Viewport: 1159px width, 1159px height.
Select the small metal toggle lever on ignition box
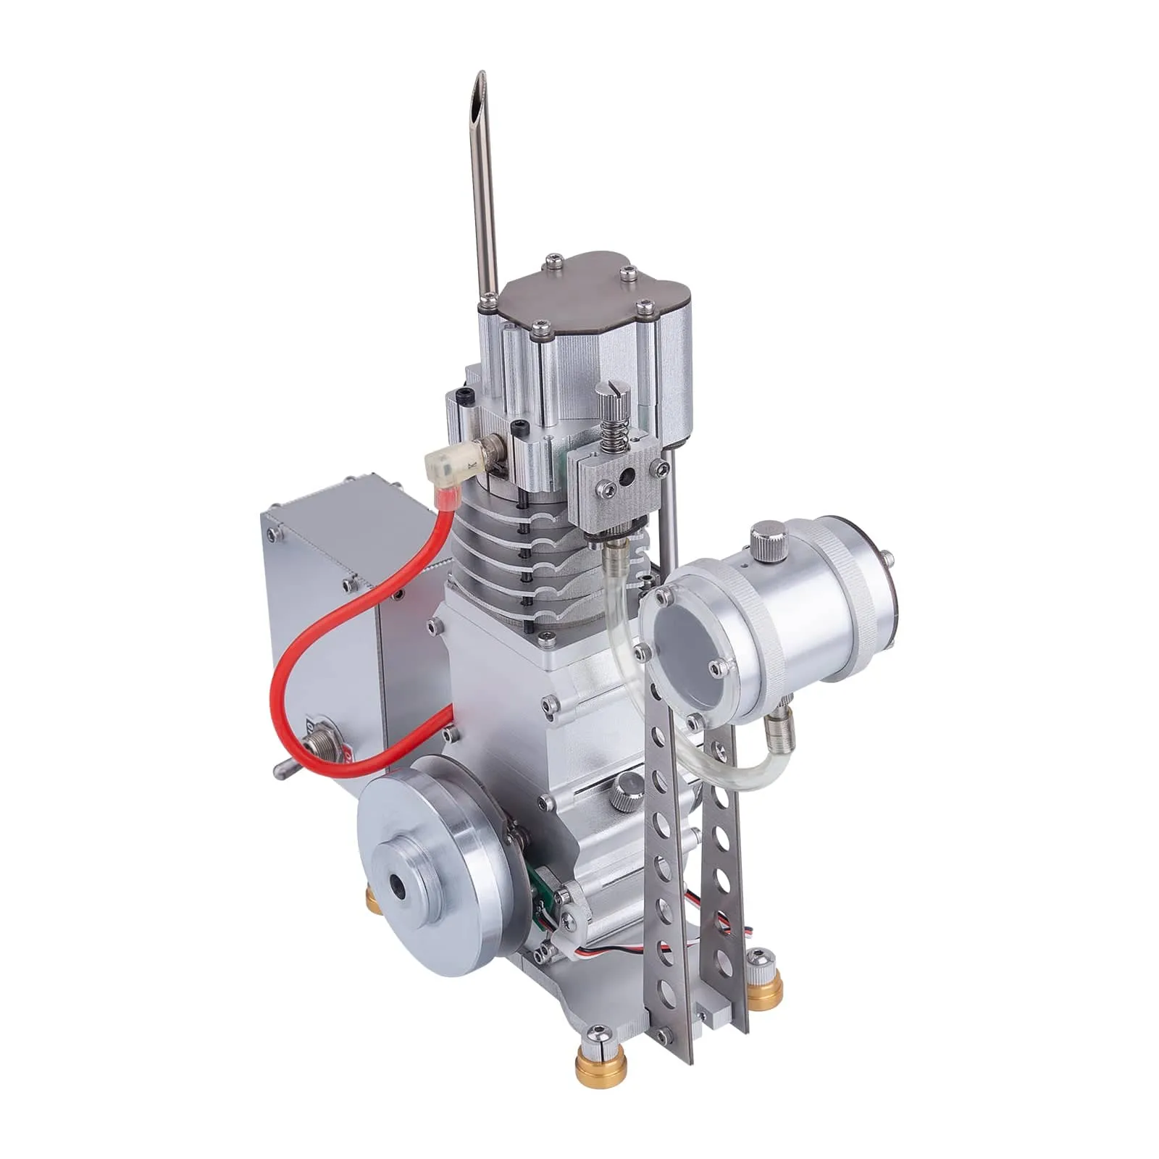(x=284, y=769)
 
